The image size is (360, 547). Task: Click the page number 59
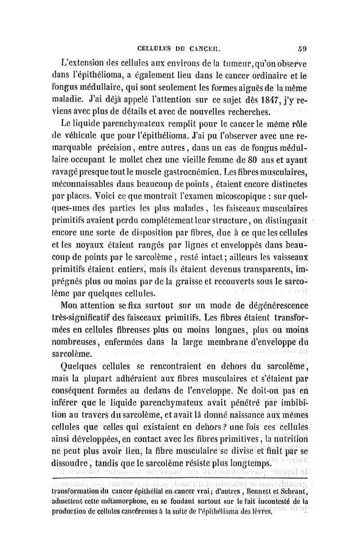point(301,45)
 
